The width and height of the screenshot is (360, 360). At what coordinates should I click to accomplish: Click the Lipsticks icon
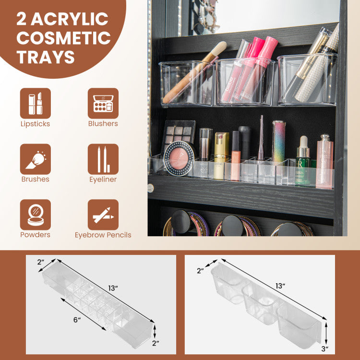point(36,103)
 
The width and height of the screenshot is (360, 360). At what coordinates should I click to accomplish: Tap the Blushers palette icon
point(103,103)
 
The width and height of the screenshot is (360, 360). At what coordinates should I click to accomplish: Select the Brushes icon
point(36,159)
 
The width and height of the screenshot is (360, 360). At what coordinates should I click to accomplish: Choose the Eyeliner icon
point(103,159)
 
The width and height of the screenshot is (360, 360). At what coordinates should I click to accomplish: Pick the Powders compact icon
point(36,215)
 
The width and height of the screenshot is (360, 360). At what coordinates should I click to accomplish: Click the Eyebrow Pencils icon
point(103,215)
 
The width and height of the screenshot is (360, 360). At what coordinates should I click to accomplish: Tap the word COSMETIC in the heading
point(63,37)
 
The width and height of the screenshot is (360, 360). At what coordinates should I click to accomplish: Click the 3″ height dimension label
point(325,349)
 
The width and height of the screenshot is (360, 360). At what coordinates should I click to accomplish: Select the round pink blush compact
point(179,158)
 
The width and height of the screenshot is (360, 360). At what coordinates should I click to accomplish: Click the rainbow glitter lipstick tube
point(279,140)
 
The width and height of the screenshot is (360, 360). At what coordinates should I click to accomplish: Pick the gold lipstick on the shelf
point(221,156)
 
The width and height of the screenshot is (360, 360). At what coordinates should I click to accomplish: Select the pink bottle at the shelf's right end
point(324,162)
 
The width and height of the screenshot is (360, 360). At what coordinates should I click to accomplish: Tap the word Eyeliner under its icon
point(103,180)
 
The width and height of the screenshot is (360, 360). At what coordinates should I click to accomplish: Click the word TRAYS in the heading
point(46,57)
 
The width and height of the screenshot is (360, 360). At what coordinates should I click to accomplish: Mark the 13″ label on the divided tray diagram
point(113,288)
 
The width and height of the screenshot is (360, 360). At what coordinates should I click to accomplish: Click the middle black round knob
point(232,226)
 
